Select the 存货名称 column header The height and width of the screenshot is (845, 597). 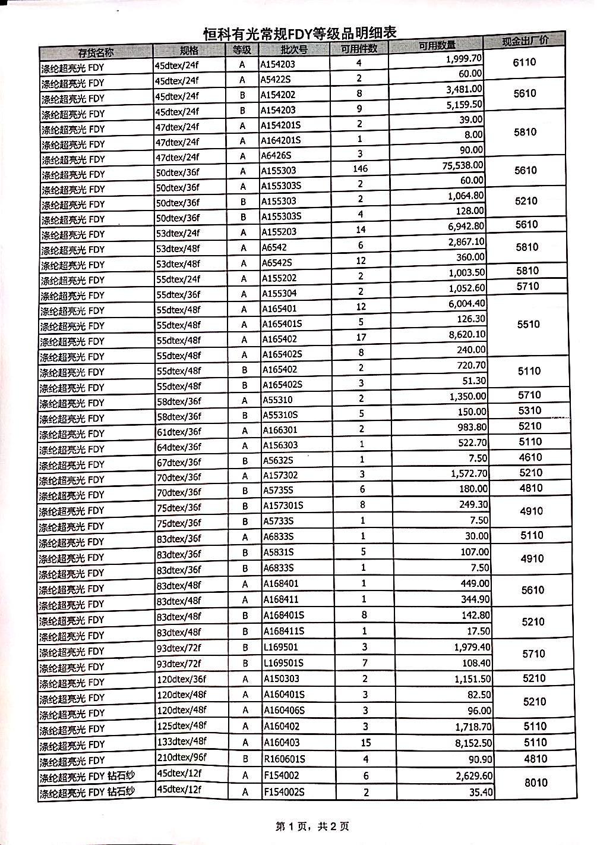click(96, 52)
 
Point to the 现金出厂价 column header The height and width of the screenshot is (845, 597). click(525, 41)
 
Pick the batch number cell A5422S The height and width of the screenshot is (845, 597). click(279, 80)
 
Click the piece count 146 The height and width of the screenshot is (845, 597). click(360, 169)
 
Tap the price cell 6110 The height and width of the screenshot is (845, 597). click(524, 62)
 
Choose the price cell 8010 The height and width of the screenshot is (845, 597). click(535, 783)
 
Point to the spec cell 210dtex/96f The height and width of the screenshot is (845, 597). click(181, 758)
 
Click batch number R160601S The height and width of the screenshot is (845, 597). click(285, 759)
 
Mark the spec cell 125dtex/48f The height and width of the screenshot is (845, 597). click(181, 726)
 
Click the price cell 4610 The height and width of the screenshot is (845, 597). click(530, 457)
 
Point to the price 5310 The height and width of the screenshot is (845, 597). click(530, 411)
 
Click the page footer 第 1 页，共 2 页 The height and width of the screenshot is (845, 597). click(311, 826)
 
